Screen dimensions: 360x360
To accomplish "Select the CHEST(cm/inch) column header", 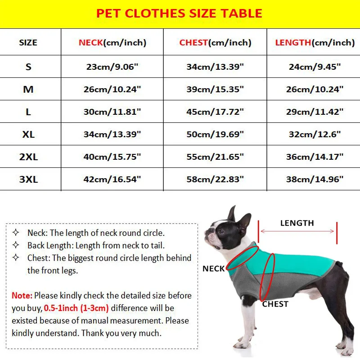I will [x=215, y=43].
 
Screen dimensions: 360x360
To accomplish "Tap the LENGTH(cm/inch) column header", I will [x=315, y=43].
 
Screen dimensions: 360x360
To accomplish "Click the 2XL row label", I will [x=28, y=157].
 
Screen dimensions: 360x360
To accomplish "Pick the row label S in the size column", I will [x=28, y=67].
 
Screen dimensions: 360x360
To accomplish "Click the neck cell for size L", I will [x=112, y=112].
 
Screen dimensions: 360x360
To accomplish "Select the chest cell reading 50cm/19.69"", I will [x=215, y=134].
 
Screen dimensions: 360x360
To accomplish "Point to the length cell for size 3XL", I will [x=315, y=179].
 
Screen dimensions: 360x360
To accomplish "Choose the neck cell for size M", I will [x=112, y=89].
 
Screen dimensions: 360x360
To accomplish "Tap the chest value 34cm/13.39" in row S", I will [x=215, y=67].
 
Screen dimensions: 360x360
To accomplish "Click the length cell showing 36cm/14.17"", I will [x=315, y=157].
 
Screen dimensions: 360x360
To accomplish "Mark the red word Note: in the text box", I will [x=22, y=296].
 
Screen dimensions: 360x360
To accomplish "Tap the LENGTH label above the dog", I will [x=297, y=223].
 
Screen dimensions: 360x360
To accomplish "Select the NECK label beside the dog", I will [x=213, y=269].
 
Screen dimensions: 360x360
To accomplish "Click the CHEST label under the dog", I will [x=275, y=304].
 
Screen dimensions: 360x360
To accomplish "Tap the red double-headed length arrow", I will [x=297, y=231].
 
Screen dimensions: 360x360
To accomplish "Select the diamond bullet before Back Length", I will [x=16, y=245].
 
